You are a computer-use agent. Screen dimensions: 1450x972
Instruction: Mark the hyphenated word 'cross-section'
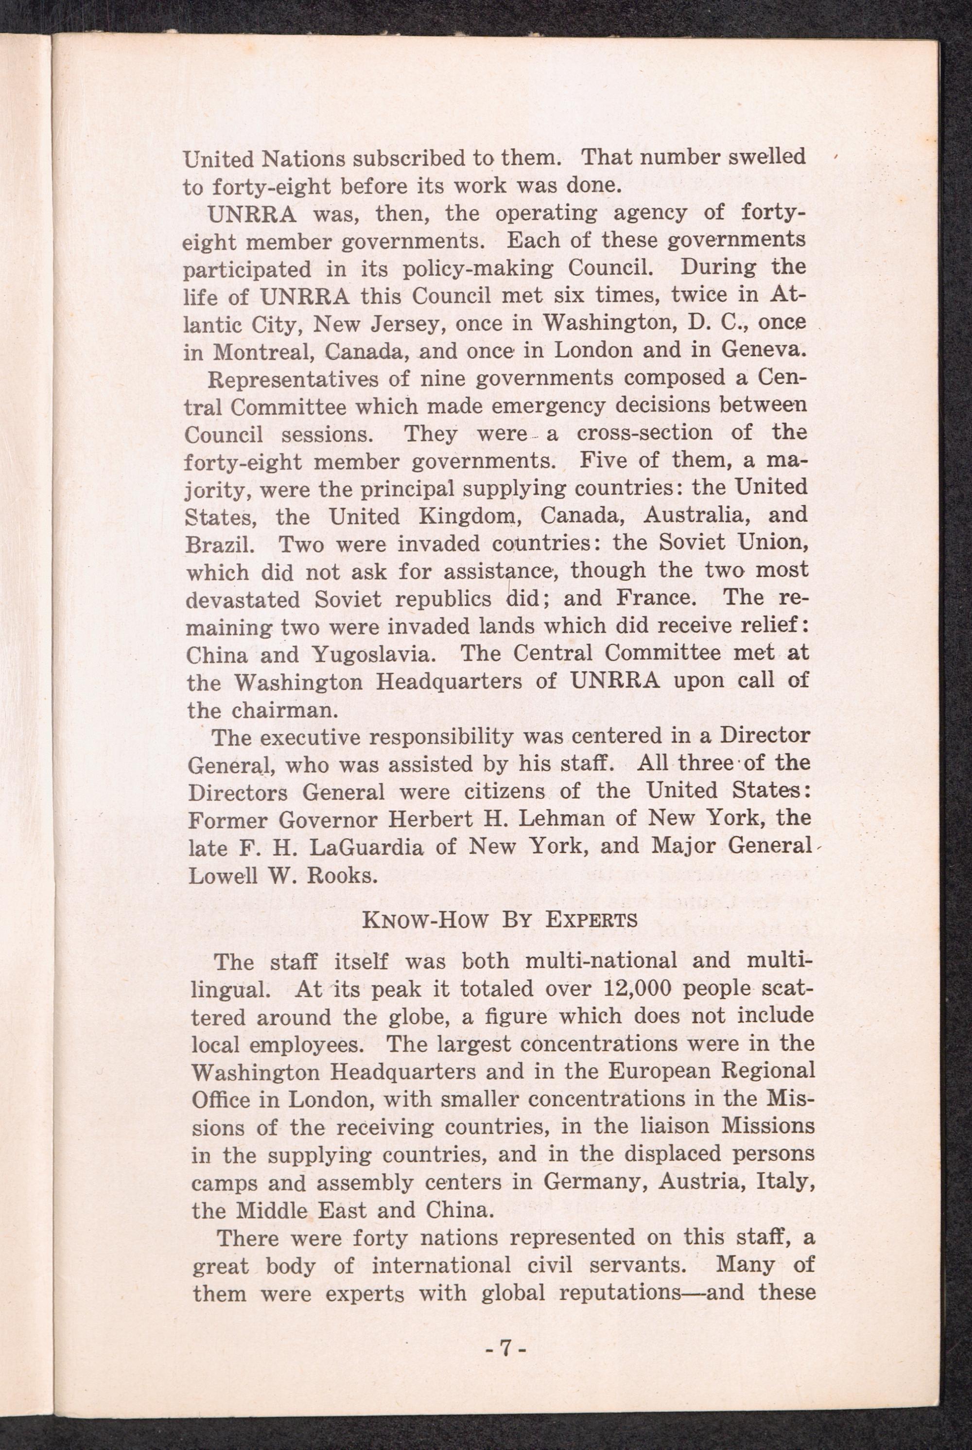point(646,432)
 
